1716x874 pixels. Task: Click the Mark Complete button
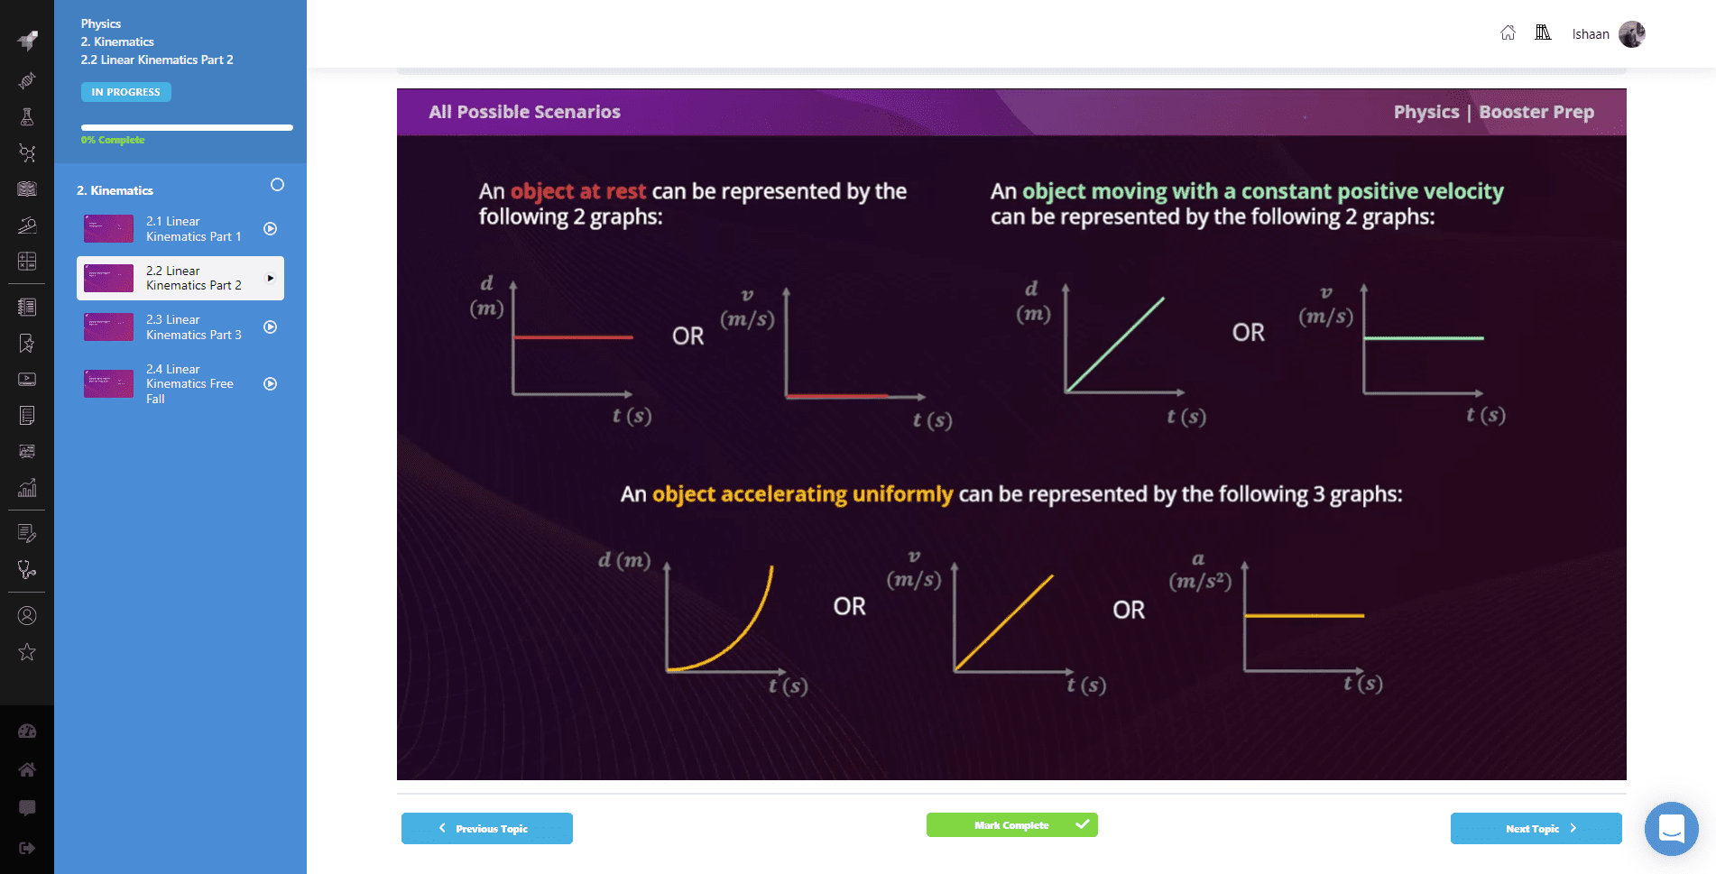(1011, 825)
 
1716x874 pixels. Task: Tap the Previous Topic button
(487, 828)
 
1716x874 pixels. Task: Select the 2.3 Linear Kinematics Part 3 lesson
(180, 327)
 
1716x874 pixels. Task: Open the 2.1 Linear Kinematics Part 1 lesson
(180, 229)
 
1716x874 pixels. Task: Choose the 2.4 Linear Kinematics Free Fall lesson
(180, 384)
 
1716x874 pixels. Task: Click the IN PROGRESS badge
(126, 92)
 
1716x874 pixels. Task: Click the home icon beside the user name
(1508, 33)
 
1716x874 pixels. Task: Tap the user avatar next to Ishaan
(1632, 34)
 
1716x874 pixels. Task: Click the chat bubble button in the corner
(1671, 828)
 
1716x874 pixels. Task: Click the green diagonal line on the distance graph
(1115, 345)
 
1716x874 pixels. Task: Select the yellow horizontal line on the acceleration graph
(1305, 616)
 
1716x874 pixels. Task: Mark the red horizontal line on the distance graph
(573, 337)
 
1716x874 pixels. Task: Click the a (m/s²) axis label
(1200, 571)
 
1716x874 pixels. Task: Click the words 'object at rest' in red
(578, 191)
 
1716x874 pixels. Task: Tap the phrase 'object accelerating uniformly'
(802, 494)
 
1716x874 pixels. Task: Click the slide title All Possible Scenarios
(524, 112)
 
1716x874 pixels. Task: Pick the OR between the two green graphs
(1249, 333)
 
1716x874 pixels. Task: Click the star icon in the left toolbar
(27, 652)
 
